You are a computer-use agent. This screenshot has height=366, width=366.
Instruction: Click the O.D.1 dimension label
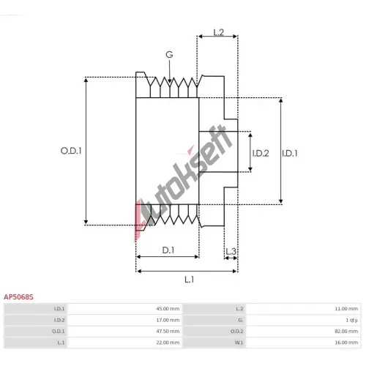tap(71, 151)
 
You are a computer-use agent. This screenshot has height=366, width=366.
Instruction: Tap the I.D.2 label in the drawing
tap(261, 153)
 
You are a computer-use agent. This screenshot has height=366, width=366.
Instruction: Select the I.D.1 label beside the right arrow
tap(290, 153)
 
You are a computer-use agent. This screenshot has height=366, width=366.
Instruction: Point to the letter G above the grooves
tap(169, 55)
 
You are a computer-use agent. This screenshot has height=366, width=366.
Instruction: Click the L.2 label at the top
tap(219, 32)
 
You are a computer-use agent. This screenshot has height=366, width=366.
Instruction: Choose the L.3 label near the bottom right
tap(231, 251)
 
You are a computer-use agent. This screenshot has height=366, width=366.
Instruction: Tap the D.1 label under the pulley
tap(168, 250)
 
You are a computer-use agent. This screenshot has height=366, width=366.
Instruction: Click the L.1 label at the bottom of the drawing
tap(190, 280)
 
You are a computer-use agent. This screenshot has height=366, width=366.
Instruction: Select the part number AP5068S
tap(18, 297)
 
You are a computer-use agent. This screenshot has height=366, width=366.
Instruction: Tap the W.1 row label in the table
tap(239, 343)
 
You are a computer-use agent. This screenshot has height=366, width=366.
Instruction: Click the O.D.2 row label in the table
tap(237, 332)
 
